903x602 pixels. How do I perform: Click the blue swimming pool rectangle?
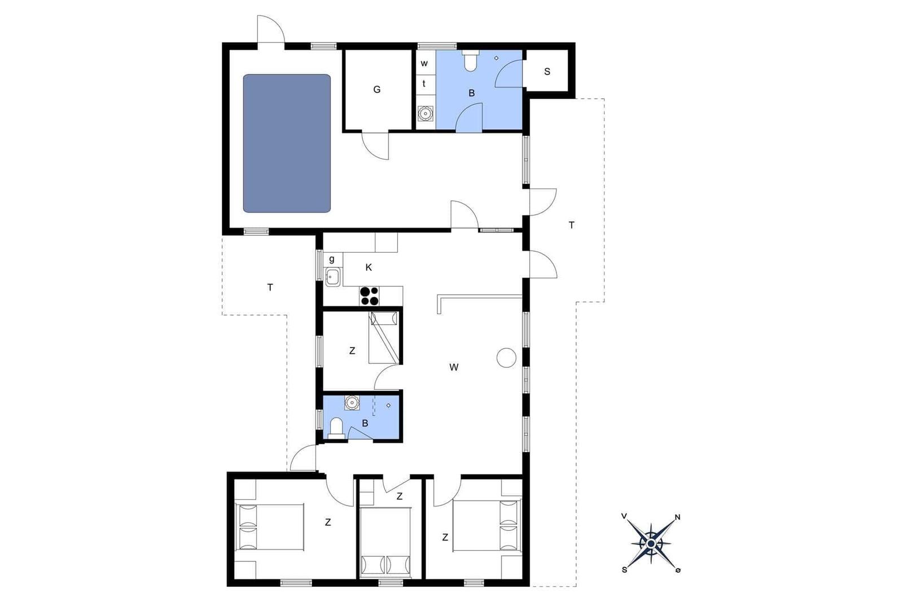tap(287, 143)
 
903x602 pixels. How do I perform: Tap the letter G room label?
tap(377, 90)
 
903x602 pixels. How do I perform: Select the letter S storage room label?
tap(547, 72)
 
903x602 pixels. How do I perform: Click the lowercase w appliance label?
tap(424, 63)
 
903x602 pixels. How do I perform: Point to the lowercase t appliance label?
tap(424, 84)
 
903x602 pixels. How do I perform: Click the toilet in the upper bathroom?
tap(470, 60)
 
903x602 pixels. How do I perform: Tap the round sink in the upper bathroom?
tap(425, 113)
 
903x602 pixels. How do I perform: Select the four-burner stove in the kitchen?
tap(369, 296)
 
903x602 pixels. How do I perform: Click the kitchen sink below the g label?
tap(333, 276)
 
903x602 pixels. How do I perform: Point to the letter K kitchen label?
tap(369, 267)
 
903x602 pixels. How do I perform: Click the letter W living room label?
tap(454, 367)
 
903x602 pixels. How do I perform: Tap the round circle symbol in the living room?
tap(506, 357)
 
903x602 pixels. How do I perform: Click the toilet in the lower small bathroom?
tap(336, 428)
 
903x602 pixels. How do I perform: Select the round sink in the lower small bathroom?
tap(352, 403)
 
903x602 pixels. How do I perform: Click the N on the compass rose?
tap(678, 517)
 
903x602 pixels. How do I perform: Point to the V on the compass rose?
tap(624, 516)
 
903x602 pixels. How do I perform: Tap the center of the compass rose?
tap(651, 543)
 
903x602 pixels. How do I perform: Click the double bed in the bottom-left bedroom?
tap(270, 526)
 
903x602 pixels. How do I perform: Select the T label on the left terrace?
tap(270, 288)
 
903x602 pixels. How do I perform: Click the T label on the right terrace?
tap(571, 225)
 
